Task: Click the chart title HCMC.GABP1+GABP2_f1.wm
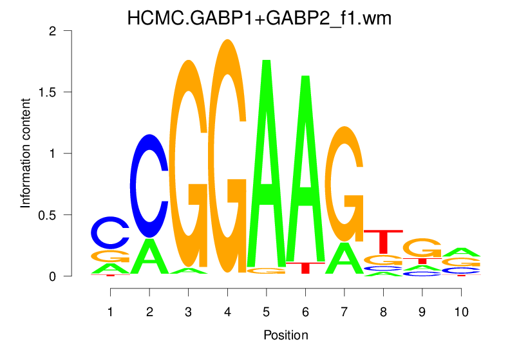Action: tap(259, 19)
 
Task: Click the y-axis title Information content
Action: tap(26, 153)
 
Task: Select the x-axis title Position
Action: tap(285, 336)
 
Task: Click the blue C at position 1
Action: tap(110, 232)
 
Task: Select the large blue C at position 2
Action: tap(149, 185)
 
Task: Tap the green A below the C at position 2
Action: tap(149, 256)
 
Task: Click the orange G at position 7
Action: tap(344, 184)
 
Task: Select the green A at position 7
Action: tap(344, 258)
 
